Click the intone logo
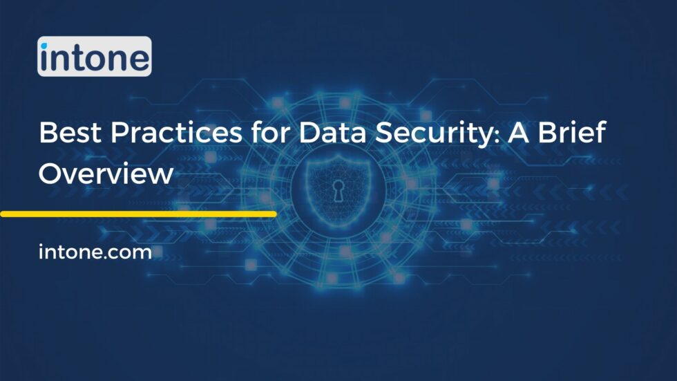tap(94, 57)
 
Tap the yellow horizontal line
tap(138, 214)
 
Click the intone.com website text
tap(95, 252)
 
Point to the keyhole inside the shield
tap(338, 192)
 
